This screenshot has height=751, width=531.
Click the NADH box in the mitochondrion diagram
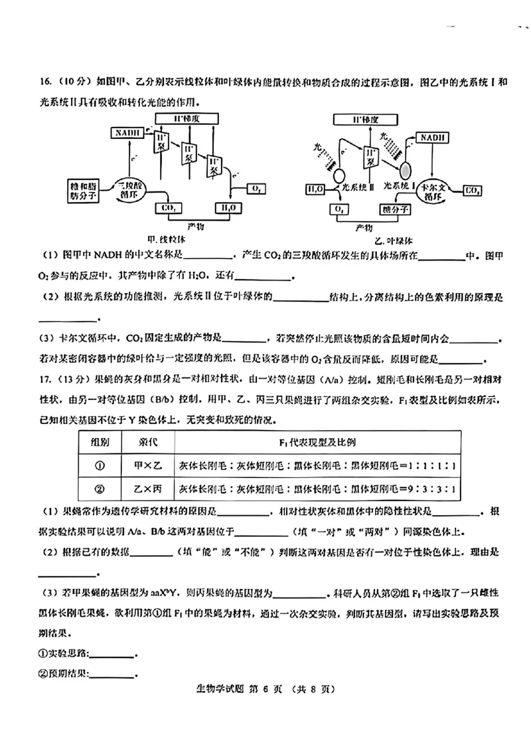[x=127, y=133]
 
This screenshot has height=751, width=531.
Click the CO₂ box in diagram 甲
[x=168, y=209]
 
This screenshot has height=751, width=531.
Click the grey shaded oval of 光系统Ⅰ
[x=404, y=167]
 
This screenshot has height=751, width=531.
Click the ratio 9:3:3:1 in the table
[x=432, y=490]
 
